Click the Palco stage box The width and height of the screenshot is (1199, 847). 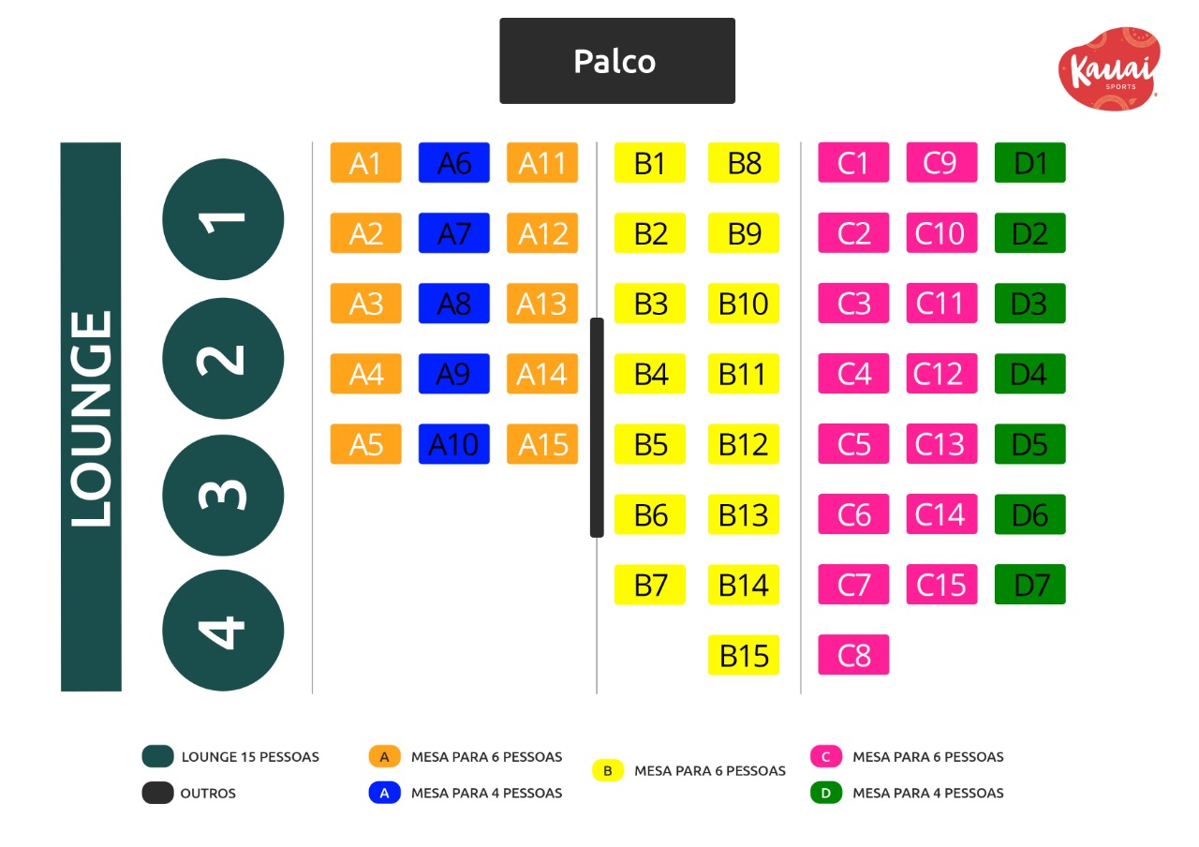point(616,61)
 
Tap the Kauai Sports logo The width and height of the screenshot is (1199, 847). point(1109,68)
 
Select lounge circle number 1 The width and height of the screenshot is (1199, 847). point(223,219)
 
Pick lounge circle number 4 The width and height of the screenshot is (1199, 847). point(223,631)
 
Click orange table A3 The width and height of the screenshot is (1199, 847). point(365,304)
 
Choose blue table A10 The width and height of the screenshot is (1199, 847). point(453,444)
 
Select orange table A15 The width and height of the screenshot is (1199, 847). point(542,444)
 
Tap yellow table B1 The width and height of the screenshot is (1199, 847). point(650,163)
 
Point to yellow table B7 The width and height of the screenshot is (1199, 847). point(650,585)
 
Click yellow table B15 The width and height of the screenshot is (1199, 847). point(744,655)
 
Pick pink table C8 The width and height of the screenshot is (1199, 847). point(853,655)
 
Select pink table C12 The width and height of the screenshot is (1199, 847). point(941,374)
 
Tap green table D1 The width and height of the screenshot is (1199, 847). point(1029,163)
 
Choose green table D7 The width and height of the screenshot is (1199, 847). point(1029,585)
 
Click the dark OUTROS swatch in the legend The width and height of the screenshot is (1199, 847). point(158,793)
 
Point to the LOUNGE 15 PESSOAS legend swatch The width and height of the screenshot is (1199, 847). point(158,756)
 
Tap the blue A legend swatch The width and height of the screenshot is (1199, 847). point(384,793)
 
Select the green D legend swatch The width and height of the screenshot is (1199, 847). point(826,793)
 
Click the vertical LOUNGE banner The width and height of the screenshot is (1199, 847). point(91,417)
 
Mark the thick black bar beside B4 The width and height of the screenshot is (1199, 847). point(597,427)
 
